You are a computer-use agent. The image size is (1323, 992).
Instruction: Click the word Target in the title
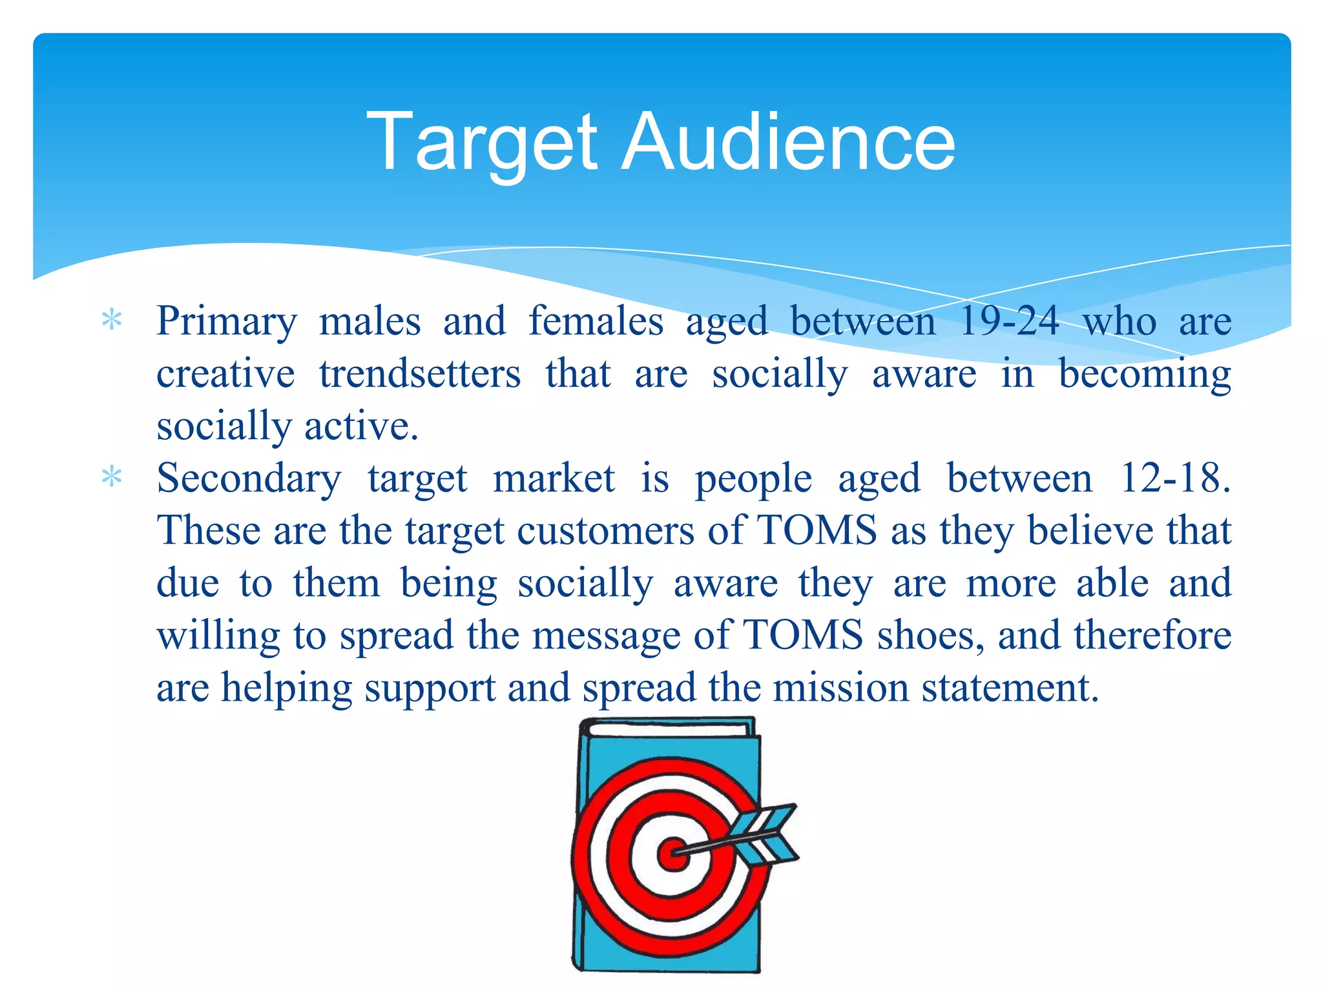tap(482, 142)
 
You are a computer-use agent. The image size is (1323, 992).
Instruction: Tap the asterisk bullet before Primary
tap(112, 320)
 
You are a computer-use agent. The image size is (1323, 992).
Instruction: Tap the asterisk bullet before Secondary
tap(112, 477)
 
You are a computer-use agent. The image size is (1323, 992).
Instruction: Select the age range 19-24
tap(1008, 321)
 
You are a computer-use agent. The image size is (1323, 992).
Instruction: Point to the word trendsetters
tap(420, 374)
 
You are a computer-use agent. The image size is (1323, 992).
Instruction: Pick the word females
tap(596, 322)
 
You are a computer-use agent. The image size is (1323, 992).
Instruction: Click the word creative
tap(225, 374)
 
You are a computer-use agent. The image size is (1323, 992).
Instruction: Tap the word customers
tap(607, 532)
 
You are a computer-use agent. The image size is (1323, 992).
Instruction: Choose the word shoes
tap(930, 635)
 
